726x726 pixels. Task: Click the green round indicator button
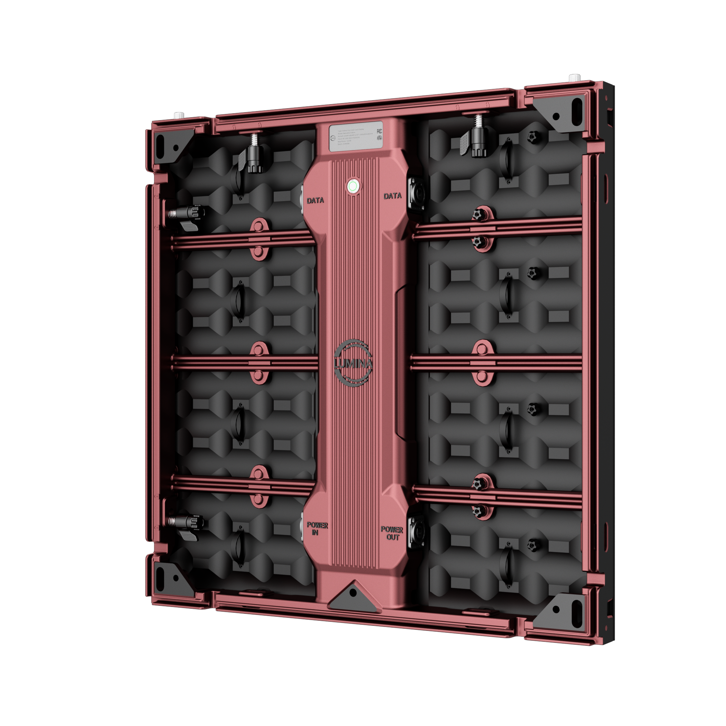pyautogui.click(x=352, y=185)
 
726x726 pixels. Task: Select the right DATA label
pyautogui.click(x=392, y=196)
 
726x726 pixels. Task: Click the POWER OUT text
pyautogui.click(x=392, y=533)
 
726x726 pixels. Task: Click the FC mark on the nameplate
pyautogui.click(x=379, y=131)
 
